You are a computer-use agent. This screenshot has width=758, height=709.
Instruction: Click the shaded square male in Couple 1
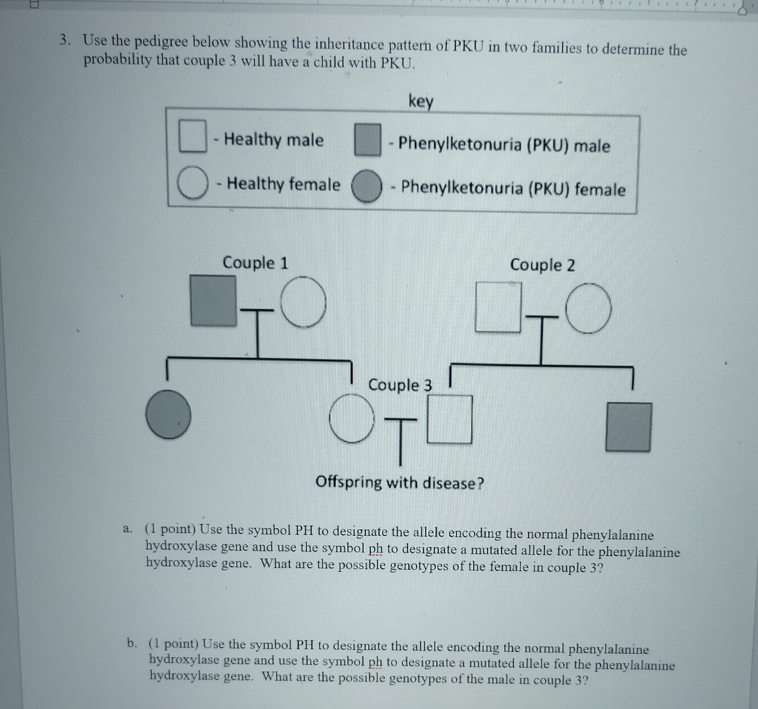[x=213, y=300]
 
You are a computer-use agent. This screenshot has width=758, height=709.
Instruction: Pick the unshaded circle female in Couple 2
[x=589, y=309]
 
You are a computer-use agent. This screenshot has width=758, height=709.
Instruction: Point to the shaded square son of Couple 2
[x=628, y=427]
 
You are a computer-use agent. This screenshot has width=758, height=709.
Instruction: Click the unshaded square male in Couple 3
[x=450, y=418]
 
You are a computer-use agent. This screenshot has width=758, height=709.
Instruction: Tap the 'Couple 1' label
[x=255, y=263]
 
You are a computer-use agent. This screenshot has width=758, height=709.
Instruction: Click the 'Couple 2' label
[x=542, y=265]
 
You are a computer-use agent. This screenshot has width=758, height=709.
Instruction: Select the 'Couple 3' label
[x=400, y=385]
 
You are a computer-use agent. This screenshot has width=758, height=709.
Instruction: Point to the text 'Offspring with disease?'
[x=400, y=483]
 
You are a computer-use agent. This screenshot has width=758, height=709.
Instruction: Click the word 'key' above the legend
[x=421, y=102]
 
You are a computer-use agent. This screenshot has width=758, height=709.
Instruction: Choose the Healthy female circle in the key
[x=191, y=183]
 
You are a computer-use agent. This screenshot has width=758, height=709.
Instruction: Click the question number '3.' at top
[x=64, y=41]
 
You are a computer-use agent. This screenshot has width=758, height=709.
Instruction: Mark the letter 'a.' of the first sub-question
[x=129, y=528]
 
